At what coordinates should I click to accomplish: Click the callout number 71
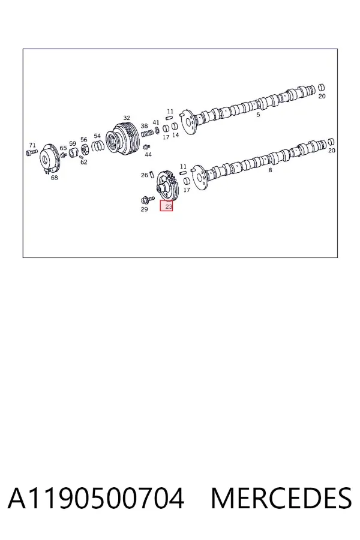(x=32, y=145)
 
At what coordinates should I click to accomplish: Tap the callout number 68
(x=55, y=178)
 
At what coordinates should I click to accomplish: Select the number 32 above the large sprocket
(x=127, y=118)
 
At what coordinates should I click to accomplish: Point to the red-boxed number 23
(x=169, y=206)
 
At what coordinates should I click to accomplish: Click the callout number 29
(x=145, y=209)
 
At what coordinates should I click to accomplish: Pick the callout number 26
(x=145, y=175)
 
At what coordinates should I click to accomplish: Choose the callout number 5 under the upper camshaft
(x=259, y=115)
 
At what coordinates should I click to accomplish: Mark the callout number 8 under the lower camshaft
(x=270, y=170)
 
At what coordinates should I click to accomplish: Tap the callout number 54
(x=97, y=136)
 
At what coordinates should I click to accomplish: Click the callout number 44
(x=148, y=155)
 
